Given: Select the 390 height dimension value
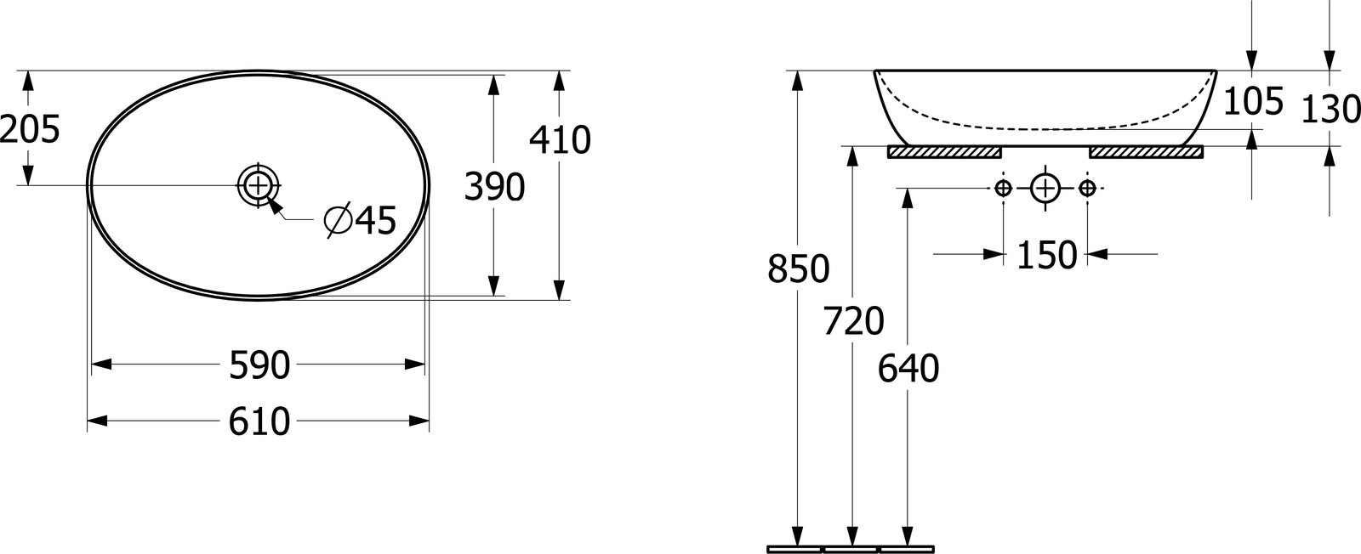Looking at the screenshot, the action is [x=494, y=186].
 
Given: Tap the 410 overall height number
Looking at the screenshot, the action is [x=560, y=140].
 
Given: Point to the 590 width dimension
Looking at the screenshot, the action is [x=259, y=365].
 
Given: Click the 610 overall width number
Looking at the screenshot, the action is [x=259, y=421].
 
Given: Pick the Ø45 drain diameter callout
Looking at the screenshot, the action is [x=361, y=220].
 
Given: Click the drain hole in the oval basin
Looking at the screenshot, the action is [x=259, y=184].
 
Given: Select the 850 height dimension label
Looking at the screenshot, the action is [x=799, y=269].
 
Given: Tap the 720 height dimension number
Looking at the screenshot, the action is [x=854, y=321].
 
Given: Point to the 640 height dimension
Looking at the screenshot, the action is [x=908, y=368].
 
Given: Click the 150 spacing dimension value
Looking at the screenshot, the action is [x=1046, y=255].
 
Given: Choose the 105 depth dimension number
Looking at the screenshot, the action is [x=1254, y=101].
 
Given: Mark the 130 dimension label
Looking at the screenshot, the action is [x=1330, y=110].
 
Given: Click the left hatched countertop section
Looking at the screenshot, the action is [x=945, y=152].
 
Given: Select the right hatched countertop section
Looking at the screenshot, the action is [x=1146, y=152].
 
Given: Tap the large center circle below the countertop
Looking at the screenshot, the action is [x=1045, y=189].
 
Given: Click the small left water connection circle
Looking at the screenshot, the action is [x=1003, y=189].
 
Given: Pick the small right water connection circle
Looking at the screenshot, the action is [x=1088, y=189].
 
